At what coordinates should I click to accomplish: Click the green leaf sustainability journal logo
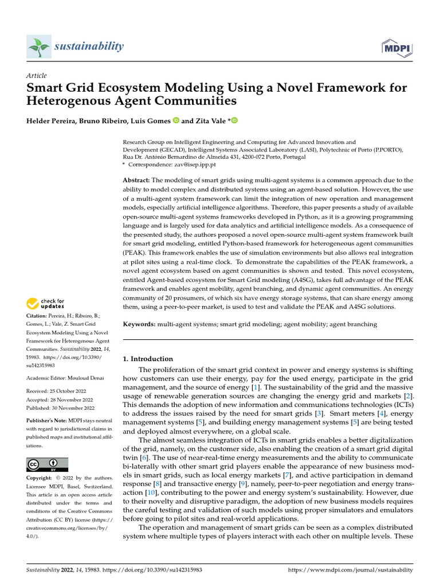pos(39,46)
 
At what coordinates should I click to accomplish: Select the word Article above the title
pos(37,76)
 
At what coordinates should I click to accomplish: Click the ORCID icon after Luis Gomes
pos(175,121)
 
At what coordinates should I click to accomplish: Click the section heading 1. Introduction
pos(148,359)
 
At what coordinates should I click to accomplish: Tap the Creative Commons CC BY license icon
pos(47,464)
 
